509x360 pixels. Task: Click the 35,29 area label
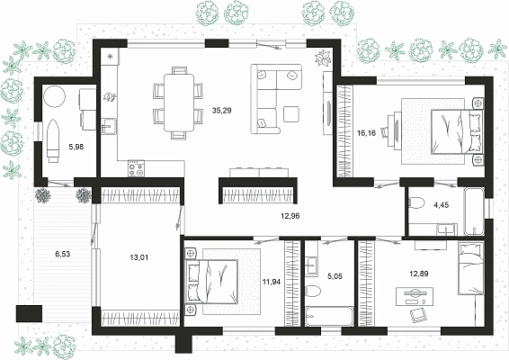click(x=222, y=111)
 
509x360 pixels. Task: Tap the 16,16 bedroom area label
click(x=366, y=133)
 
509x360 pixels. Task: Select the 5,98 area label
click(x=76, y=147)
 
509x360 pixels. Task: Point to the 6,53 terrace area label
click(x=63, y=254)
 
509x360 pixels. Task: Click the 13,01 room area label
click(x=138, y=257)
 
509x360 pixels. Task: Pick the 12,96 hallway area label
click(x=290, y=216)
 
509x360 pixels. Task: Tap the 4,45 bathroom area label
click(x=442, y=205)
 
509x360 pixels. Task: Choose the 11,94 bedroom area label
click(x=272, y=282)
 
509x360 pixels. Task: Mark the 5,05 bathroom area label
click(x=335, y=276)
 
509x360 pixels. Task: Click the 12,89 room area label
click(x=418, y=274)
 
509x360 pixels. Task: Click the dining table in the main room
click(x=179, y=103)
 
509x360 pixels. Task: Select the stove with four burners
click(x=136, y=168)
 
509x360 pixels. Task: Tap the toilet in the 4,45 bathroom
click(x=416, y=203)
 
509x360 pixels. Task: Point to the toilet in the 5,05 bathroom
click(x=313, y=291)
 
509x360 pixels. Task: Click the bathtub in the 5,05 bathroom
click(x=329, y=317)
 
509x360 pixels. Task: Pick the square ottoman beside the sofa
click(x=290, y=114)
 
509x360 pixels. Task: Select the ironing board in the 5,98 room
click(x=53, y=140)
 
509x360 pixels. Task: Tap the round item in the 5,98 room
click(x=55, y=96)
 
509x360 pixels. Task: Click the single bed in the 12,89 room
click(x=470, y=267)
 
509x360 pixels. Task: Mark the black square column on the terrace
click(x=29, y=313)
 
